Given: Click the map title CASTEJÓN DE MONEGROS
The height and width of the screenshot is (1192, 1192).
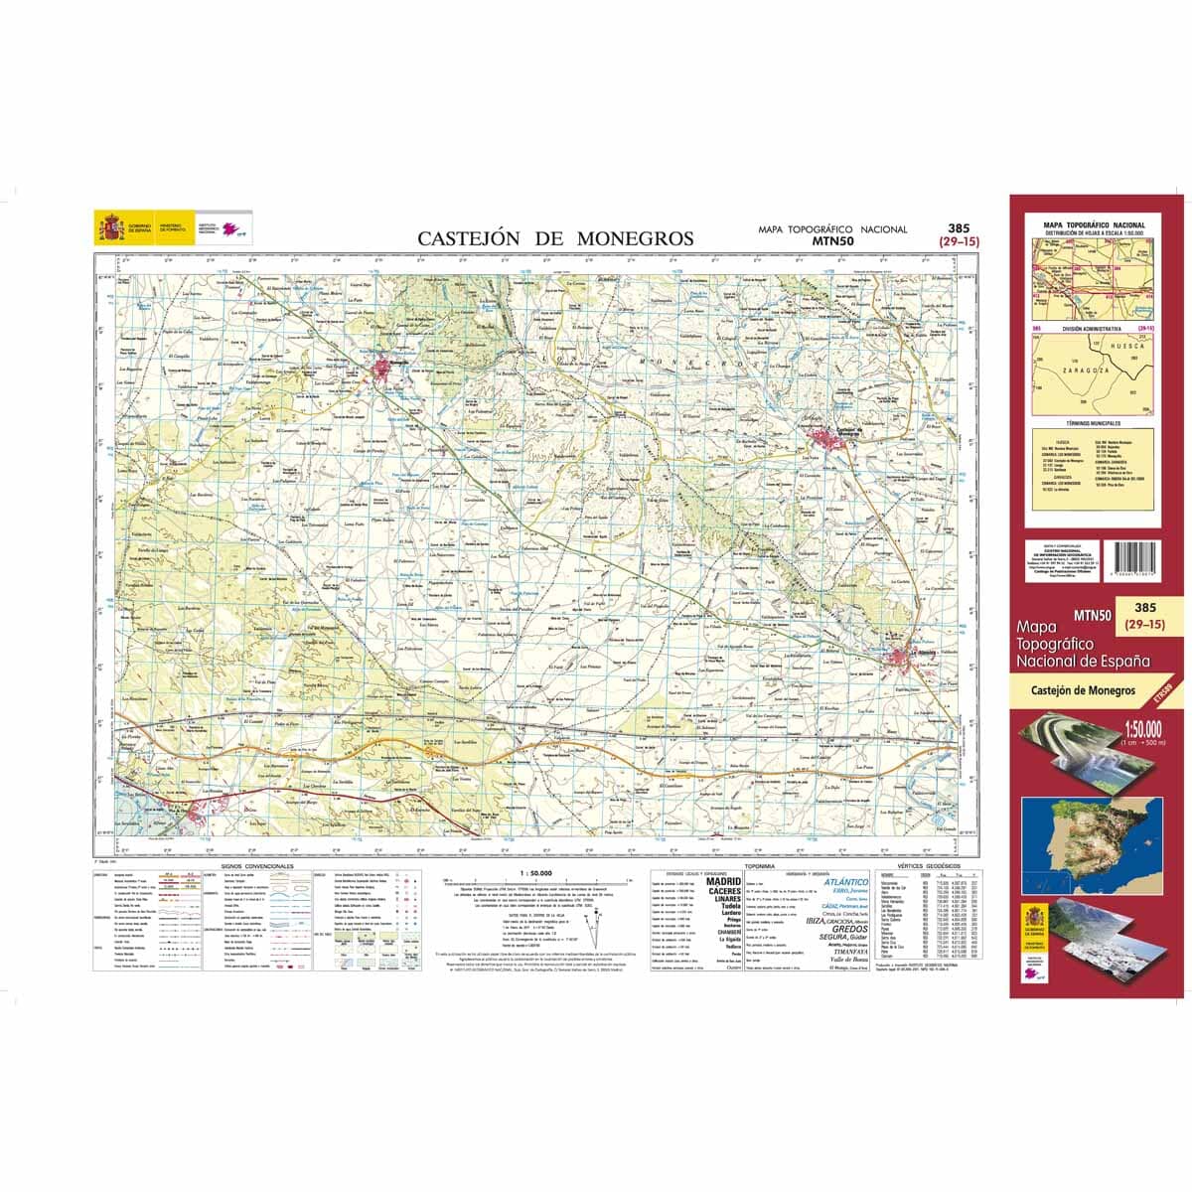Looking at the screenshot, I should pos(555,238).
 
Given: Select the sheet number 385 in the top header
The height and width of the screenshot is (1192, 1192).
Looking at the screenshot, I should pos(959,227).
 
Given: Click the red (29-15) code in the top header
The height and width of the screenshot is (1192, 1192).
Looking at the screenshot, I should pos(959,240).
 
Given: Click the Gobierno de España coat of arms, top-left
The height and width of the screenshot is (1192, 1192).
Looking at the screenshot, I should pos(107,227).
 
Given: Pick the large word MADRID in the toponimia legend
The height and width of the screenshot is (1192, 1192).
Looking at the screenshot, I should pos(723,881).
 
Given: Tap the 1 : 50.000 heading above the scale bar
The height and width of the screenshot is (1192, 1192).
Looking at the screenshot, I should pos(534,873).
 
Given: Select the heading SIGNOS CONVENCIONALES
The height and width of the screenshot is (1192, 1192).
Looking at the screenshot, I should pos(250,867).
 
